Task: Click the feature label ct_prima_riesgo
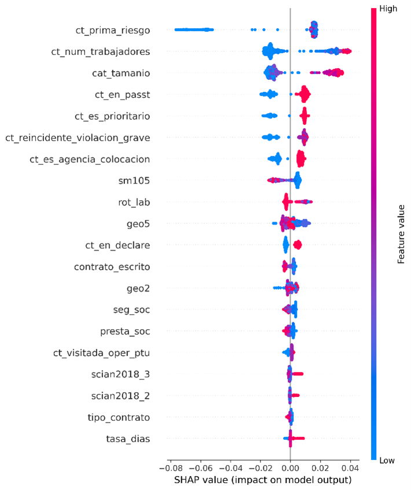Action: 113,30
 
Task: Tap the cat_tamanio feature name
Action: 120,73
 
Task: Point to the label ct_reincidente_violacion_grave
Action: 78,137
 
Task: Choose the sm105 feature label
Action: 134,180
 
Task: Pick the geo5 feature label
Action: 138,223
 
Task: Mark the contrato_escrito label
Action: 112,267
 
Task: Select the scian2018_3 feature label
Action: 120,374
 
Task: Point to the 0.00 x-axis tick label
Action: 290,467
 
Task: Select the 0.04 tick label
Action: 350,467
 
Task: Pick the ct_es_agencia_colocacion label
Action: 90,159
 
